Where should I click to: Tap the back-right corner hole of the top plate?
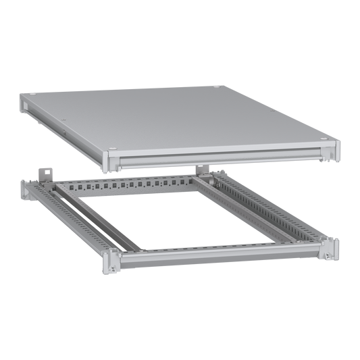pyautogui.click(x=215, y=86)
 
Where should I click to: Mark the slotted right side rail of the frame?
pyautogui.click(x=270, y=207)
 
